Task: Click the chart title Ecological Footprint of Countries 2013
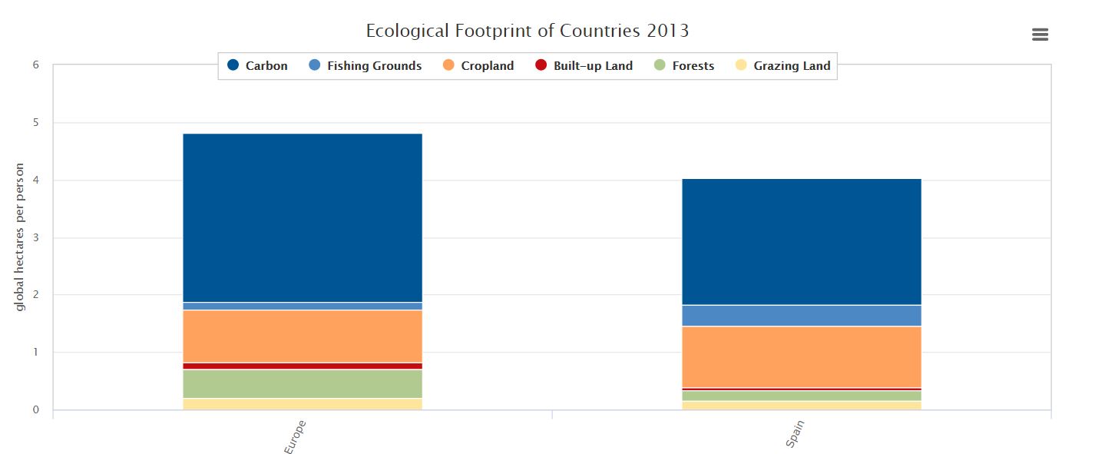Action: [x=527, y=31]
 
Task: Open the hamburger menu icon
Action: [x=1040, y=35]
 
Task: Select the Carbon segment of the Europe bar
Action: [x=303, y=217]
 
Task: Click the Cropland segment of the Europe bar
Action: [x=303, y=336]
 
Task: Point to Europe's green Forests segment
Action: [x=303, y=383]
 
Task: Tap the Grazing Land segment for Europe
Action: [x=303, y=403]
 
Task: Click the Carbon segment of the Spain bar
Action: [x=802, y=241]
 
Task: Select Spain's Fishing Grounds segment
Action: [x=802, y=315]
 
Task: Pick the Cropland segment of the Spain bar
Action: [x=802, y=356]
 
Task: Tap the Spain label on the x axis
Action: [x=796, y=433]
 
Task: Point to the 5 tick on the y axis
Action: [x=35, y=122]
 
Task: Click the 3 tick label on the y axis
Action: [x=35, y=237]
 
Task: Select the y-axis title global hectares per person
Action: [x=20, y=237]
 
